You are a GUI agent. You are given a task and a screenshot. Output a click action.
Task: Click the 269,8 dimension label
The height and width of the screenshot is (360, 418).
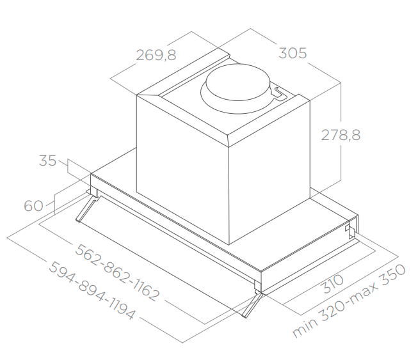(156, 56)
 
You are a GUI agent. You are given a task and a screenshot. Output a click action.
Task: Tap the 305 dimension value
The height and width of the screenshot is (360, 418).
(293, 53)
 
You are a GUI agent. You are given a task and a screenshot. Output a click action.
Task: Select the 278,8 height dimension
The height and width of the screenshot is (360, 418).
(341, 135)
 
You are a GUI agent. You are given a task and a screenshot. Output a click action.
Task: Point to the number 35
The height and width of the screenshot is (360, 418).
(48, 160)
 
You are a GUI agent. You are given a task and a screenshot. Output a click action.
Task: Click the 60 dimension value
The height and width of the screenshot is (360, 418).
(33, 205)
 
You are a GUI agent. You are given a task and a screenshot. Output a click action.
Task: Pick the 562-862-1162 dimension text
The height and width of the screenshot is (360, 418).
(117, 273)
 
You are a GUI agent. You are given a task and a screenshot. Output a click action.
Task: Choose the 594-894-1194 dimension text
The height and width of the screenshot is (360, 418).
(92, 290)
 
